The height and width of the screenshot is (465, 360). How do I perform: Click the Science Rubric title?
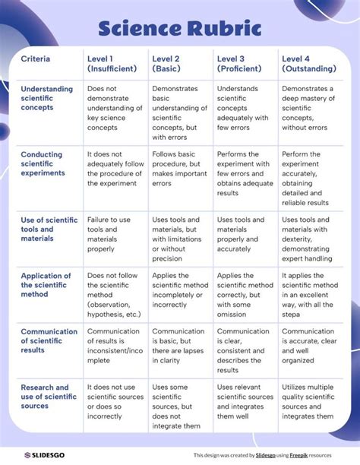point(180,29)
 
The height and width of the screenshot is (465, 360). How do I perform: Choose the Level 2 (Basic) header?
point(172,64)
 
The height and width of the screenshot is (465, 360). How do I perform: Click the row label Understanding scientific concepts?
point(47,98)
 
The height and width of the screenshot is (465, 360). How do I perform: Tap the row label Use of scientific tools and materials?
point(49,229)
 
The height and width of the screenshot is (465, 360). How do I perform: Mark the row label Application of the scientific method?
point(46,285)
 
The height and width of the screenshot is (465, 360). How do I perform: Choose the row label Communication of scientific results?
point(49,340)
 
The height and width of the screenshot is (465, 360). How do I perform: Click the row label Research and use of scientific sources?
point(47,397)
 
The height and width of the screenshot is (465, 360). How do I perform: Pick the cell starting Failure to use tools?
point(113,234)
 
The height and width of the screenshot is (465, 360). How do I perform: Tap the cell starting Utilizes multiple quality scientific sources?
point(308,402)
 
